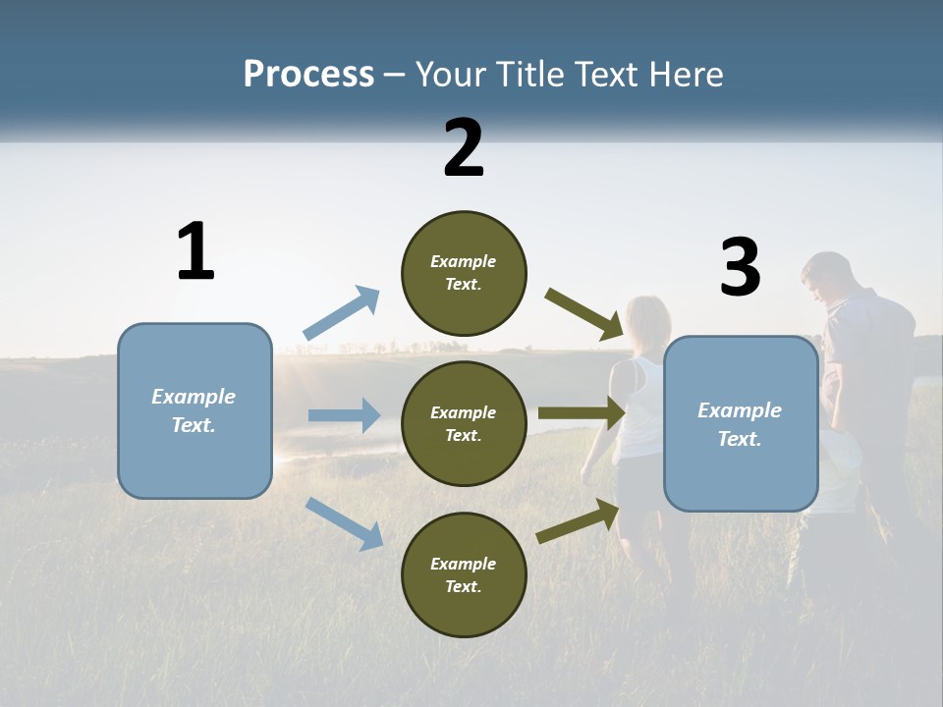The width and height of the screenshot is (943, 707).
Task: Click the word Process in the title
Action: [x=308, y=75]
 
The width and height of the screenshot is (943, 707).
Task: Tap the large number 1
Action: [x=195, y=252]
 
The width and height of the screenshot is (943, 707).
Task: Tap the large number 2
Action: [x=464, y=148]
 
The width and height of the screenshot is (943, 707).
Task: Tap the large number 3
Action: [x=740, y=268]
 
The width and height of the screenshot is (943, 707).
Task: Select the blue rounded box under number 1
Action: [x=194, y=410]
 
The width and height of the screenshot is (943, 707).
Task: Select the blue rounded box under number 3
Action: [x=741, y=423]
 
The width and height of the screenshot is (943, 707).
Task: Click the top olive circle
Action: [x=464, y=273]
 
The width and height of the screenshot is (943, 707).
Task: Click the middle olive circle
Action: [x=464, y=423]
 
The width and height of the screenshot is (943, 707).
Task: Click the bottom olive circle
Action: [x=464, y=574]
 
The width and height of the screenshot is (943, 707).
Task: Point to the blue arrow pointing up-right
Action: [x=342, y=313]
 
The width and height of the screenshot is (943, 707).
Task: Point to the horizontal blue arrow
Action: [x=344, y=415]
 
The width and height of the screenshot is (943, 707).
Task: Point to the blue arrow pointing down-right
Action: [x=345, y=522]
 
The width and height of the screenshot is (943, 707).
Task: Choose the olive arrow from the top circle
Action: [x=584, y=313]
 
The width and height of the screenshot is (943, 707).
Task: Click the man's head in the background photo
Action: [x=825, y=277]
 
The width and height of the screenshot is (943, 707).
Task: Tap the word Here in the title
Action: [x=684, y=75]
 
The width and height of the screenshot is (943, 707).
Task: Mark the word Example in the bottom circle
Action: [x=464, y=564]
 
